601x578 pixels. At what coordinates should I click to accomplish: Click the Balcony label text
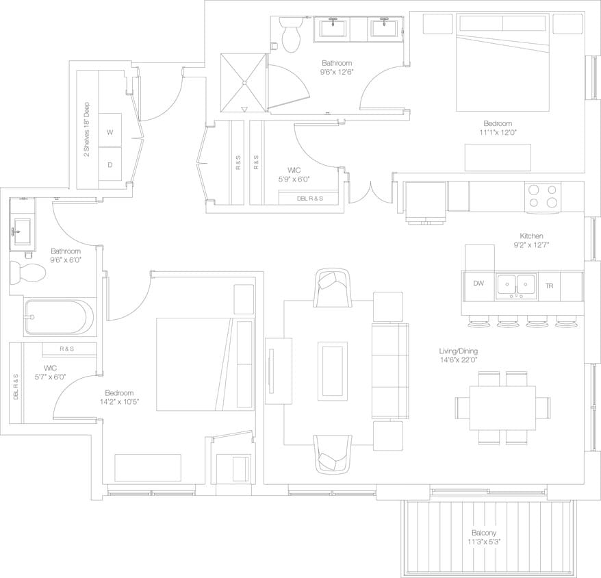pos(483,533)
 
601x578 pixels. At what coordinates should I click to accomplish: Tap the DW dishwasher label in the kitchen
pos(478,284)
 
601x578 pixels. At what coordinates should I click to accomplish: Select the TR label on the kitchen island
pos(548,286)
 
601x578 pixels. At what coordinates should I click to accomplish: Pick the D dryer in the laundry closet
pos(110,164)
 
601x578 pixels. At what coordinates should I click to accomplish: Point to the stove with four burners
pos(543,197)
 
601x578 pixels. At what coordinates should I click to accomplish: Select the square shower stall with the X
pos(242,83)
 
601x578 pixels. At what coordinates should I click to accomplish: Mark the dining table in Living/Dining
pos(502,407)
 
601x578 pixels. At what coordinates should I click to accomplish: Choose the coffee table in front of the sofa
pos(333,368)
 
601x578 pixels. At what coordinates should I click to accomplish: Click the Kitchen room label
pos(530,235)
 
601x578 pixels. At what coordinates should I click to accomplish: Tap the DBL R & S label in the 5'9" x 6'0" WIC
pos(310,199)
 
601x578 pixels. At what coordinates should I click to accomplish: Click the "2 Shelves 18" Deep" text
pos(86,130)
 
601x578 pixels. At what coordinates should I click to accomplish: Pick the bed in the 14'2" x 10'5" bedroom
pos(195,364)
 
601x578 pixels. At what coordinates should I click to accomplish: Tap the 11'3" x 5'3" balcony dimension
pos(483,543)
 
